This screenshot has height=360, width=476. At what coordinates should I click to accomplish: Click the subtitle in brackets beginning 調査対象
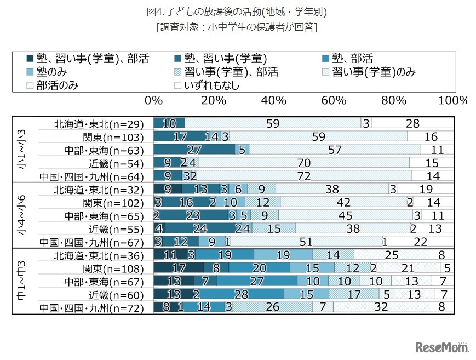point(237,27)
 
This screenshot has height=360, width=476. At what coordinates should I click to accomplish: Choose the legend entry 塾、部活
point(350,58)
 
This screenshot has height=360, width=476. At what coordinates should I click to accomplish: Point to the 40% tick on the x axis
point(274,101)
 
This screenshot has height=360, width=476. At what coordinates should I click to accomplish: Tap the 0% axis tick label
point(154,101)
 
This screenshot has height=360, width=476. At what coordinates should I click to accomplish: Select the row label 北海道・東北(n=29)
point(99,124)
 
